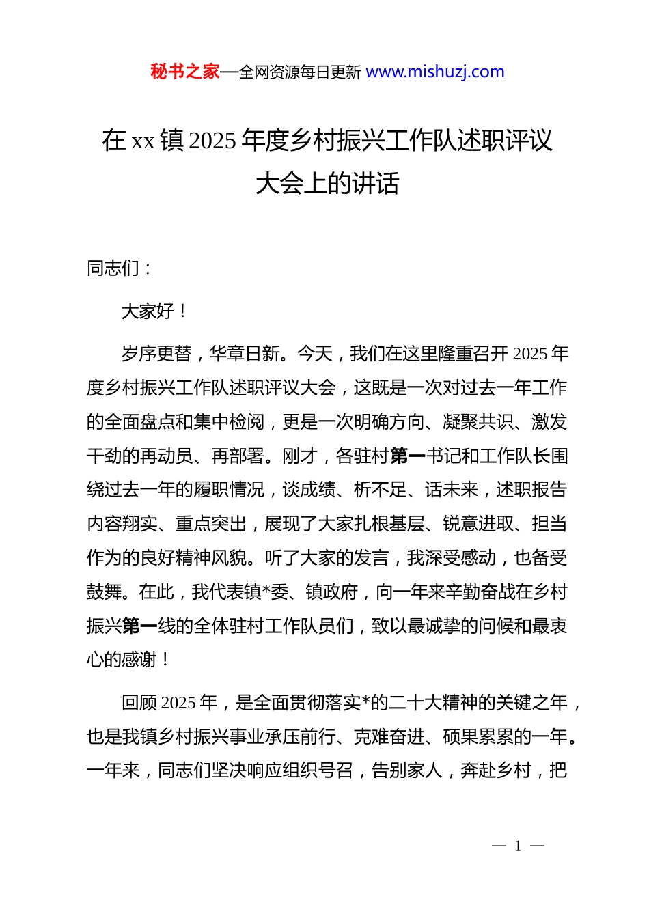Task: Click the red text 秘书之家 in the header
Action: pyautogui.click(x=185, y=72)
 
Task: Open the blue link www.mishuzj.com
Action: pyautogui.click(x=435, y=72)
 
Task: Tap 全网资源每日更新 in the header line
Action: pyautogui.click(x=300, y=72)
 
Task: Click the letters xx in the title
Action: pyautogui.click(x=143, y=141)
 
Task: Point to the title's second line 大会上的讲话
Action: pyautogui.click(x=327, y=183)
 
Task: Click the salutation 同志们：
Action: pyautogui.click(x=119, y=268)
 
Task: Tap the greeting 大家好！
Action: pyautogui.click(x=154, y=311)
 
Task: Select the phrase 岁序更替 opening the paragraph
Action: pyautogui.click(x=156, y=354)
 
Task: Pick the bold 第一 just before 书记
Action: pyautogui.click(x=407, y=456)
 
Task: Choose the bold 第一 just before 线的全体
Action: pyautogui.click(x=140, y=626)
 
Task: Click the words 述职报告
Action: pyautogui.click(x=531, y=490)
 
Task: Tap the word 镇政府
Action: pyautogui.click(x=332, y=592)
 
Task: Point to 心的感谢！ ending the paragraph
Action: pyautogui.click(x=128, y=660)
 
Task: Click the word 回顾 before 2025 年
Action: pyautogui.click(x=139, y=703)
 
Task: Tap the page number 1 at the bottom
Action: pyautogui.click(x=518, y=846)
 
